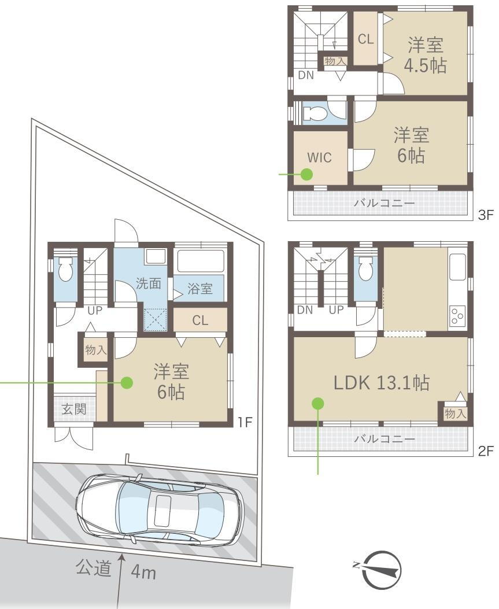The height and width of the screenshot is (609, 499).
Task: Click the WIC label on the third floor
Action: coord(320,157)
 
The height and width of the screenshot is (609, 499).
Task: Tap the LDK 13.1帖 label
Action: coord(382,382)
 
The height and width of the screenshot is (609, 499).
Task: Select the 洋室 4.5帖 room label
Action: coord(425,55)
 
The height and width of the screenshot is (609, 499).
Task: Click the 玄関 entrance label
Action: coord(74,409)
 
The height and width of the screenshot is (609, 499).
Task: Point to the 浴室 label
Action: coord(200,289)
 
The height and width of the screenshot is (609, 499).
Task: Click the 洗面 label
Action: coord(149,283)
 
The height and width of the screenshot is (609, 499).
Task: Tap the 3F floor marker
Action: coord(485,215)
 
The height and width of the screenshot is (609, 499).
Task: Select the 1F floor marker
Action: coord(245,422)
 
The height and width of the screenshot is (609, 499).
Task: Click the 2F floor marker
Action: coord(485,451)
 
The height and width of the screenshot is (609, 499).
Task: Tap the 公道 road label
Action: coord(94,568)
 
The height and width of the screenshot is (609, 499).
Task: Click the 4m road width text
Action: coord(143,572)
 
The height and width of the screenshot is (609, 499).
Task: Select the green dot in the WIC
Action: coord(307,174)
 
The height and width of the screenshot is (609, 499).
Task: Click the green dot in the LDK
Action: coord(318,404)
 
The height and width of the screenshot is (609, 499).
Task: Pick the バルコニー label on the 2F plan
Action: coord(385,439)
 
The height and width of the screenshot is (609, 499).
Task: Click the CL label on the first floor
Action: coord(200,320)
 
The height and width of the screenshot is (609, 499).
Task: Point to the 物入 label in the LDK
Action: coord(455,414)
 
